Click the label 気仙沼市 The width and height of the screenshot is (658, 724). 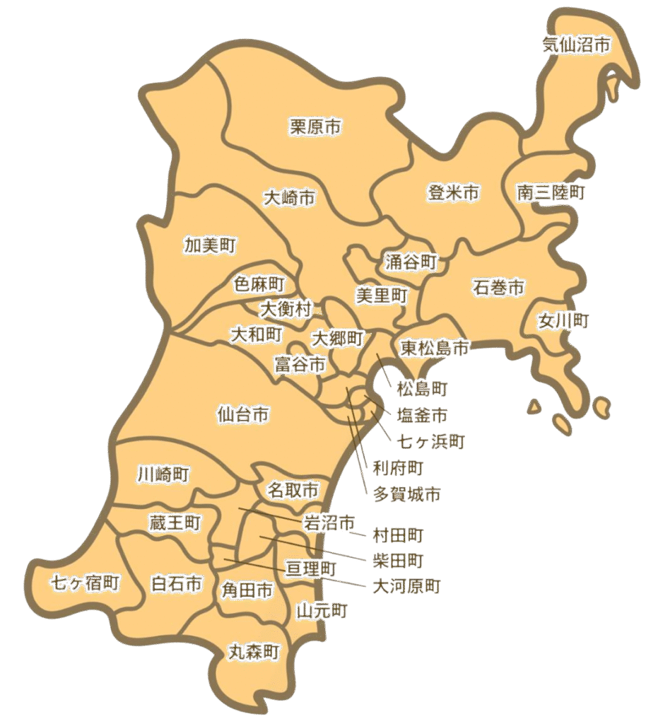pyautogui.click(x=577, y=45)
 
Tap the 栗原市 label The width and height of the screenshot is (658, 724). pyautogui.click(x=316, y=127)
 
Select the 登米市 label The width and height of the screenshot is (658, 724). pyautogui.click(x=454, y=192)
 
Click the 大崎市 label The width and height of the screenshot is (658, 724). pyautogui.click(x=289, y=197)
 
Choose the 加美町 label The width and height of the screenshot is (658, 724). pyautogui.click(x=210, y=245)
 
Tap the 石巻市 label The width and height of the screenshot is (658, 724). pyautogui.click(x=499, y=288)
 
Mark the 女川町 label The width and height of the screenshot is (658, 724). pyautogui.click(x=563, y=321)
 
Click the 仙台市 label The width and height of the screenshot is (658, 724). pyautogui.click(x=243, y=414)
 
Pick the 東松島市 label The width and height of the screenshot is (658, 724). pyautogui.click(x=434, y=348)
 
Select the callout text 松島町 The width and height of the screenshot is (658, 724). pyautogui.click(x=422, y=388)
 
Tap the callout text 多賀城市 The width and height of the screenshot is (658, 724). pyautogui.click(x=406, y=495)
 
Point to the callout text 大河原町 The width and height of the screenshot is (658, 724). pyautogui.click(x=406, y=586)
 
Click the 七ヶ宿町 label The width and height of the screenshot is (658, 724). pyautogui.click(x=85, y=583)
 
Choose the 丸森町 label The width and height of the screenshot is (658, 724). pyautogui.click(x=254, y=652)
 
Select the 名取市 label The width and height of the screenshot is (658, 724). pyautogui.click(x=293, y=489)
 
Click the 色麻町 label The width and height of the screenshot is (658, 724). pyautogui.click(x=259, y=285)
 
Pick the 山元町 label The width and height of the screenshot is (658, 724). pyautogui.click(x=322, y=610)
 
